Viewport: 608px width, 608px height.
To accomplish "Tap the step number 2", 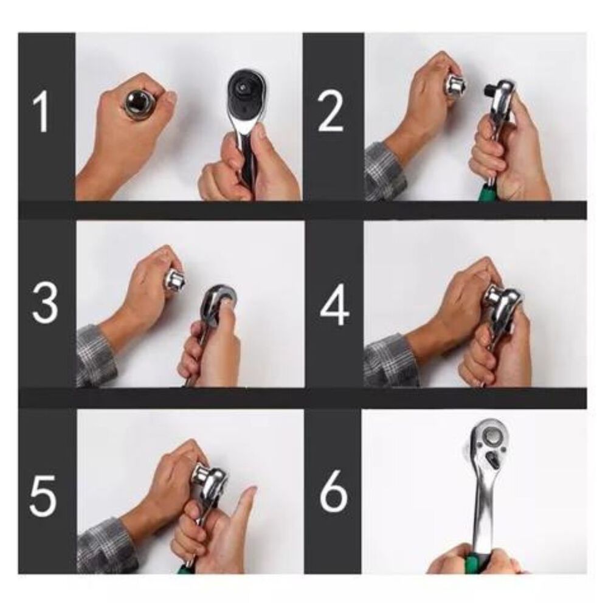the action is pos(330,112).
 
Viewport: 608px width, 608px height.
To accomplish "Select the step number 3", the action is pos(45,303).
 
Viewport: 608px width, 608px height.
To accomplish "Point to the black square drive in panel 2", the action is pos(489,90).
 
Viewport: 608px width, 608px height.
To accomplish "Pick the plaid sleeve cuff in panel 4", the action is pos(390,361).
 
